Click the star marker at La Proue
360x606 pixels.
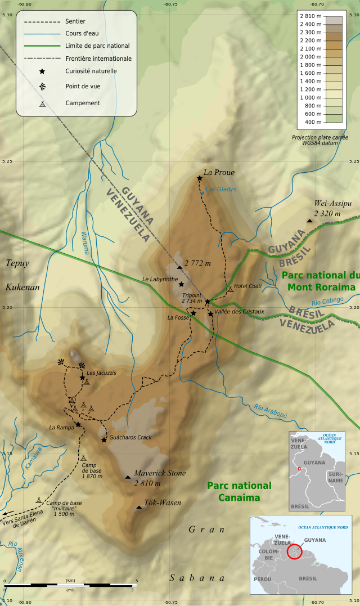(x=200, y=178)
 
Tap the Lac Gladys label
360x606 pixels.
(x=221, y=190)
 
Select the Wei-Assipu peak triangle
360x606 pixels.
(x=309, y=221)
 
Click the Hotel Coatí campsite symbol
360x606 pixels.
(x=230, y=289)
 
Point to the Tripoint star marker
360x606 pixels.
(x=207, y=302)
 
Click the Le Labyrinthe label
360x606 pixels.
(x=160, y=279)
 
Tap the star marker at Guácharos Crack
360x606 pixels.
(x=104, y=440)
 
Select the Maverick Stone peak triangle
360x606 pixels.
(x=128, y=477)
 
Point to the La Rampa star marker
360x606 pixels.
(x=78, y=424)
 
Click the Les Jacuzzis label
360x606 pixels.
(x=101, y=373)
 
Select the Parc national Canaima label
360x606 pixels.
(x=239, y=491)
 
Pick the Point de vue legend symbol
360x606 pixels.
(x=42, y=87)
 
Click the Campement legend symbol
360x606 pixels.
(x=42, y=104)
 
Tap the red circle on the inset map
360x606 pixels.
(x=294, y=552)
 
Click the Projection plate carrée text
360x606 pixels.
(x=319, y=137)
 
